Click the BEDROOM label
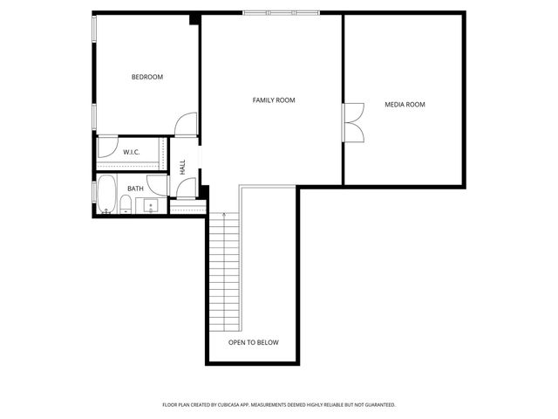click(x=147, y=77)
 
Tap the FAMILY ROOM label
click(x=274, y=100)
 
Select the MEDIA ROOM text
click(x=405, y=105)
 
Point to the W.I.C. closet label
click(x=132, y=153)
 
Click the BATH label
click(x=135, y=189)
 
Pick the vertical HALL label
click(x=182, y=166)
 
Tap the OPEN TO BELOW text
click(x=253, y=342)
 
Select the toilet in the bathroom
click(x=126, y=205)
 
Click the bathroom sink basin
click(x=150, y=207)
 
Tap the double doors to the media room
click(x=353, y=123)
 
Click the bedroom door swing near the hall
click(x=186, y=126)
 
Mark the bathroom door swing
click(x=158, y=185)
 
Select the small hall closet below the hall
click(x=187, y=207)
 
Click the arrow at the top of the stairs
click(x=224, y=216)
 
